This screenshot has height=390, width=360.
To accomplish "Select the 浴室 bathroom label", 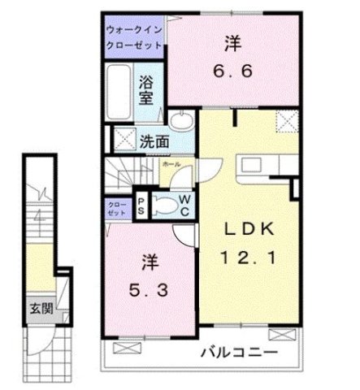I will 147,89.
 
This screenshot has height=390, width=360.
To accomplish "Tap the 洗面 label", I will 154,141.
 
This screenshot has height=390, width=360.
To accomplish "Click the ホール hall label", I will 171,163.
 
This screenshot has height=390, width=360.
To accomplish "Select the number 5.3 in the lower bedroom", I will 149,288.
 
